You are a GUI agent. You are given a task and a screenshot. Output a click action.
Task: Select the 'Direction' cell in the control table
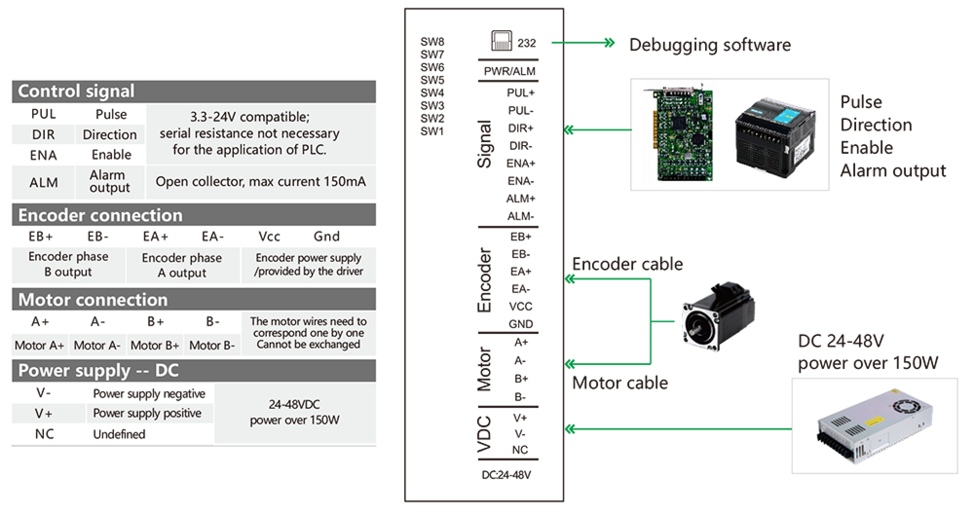coord(110,135)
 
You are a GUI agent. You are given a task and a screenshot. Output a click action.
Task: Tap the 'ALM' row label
coord(43,183)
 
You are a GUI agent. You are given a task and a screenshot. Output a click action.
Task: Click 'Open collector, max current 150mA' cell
coord(261,182)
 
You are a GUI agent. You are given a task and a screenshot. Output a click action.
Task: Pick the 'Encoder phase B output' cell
coord(68,264)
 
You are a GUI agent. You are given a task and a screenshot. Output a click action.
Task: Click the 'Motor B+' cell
coord(155,346)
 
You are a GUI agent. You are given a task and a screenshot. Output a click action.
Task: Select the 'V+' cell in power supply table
coord(43,414)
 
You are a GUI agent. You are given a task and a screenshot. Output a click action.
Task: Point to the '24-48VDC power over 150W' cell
coord(295,413)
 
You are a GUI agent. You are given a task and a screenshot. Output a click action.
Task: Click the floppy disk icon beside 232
coord(501,41)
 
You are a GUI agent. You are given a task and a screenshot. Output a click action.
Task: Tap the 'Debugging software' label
coord(710,45)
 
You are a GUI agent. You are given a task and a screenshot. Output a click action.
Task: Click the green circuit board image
coord(677,132)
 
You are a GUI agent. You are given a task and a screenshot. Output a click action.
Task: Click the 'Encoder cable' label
coord(627,264)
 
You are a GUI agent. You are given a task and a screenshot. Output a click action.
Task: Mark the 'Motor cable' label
coord(619,383)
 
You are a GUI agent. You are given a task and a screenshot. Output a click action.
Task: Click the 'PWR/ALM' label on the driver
coord(509,72)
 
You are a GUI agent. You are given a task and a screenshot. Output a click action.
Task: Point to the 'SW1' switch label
coord(432,131)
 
